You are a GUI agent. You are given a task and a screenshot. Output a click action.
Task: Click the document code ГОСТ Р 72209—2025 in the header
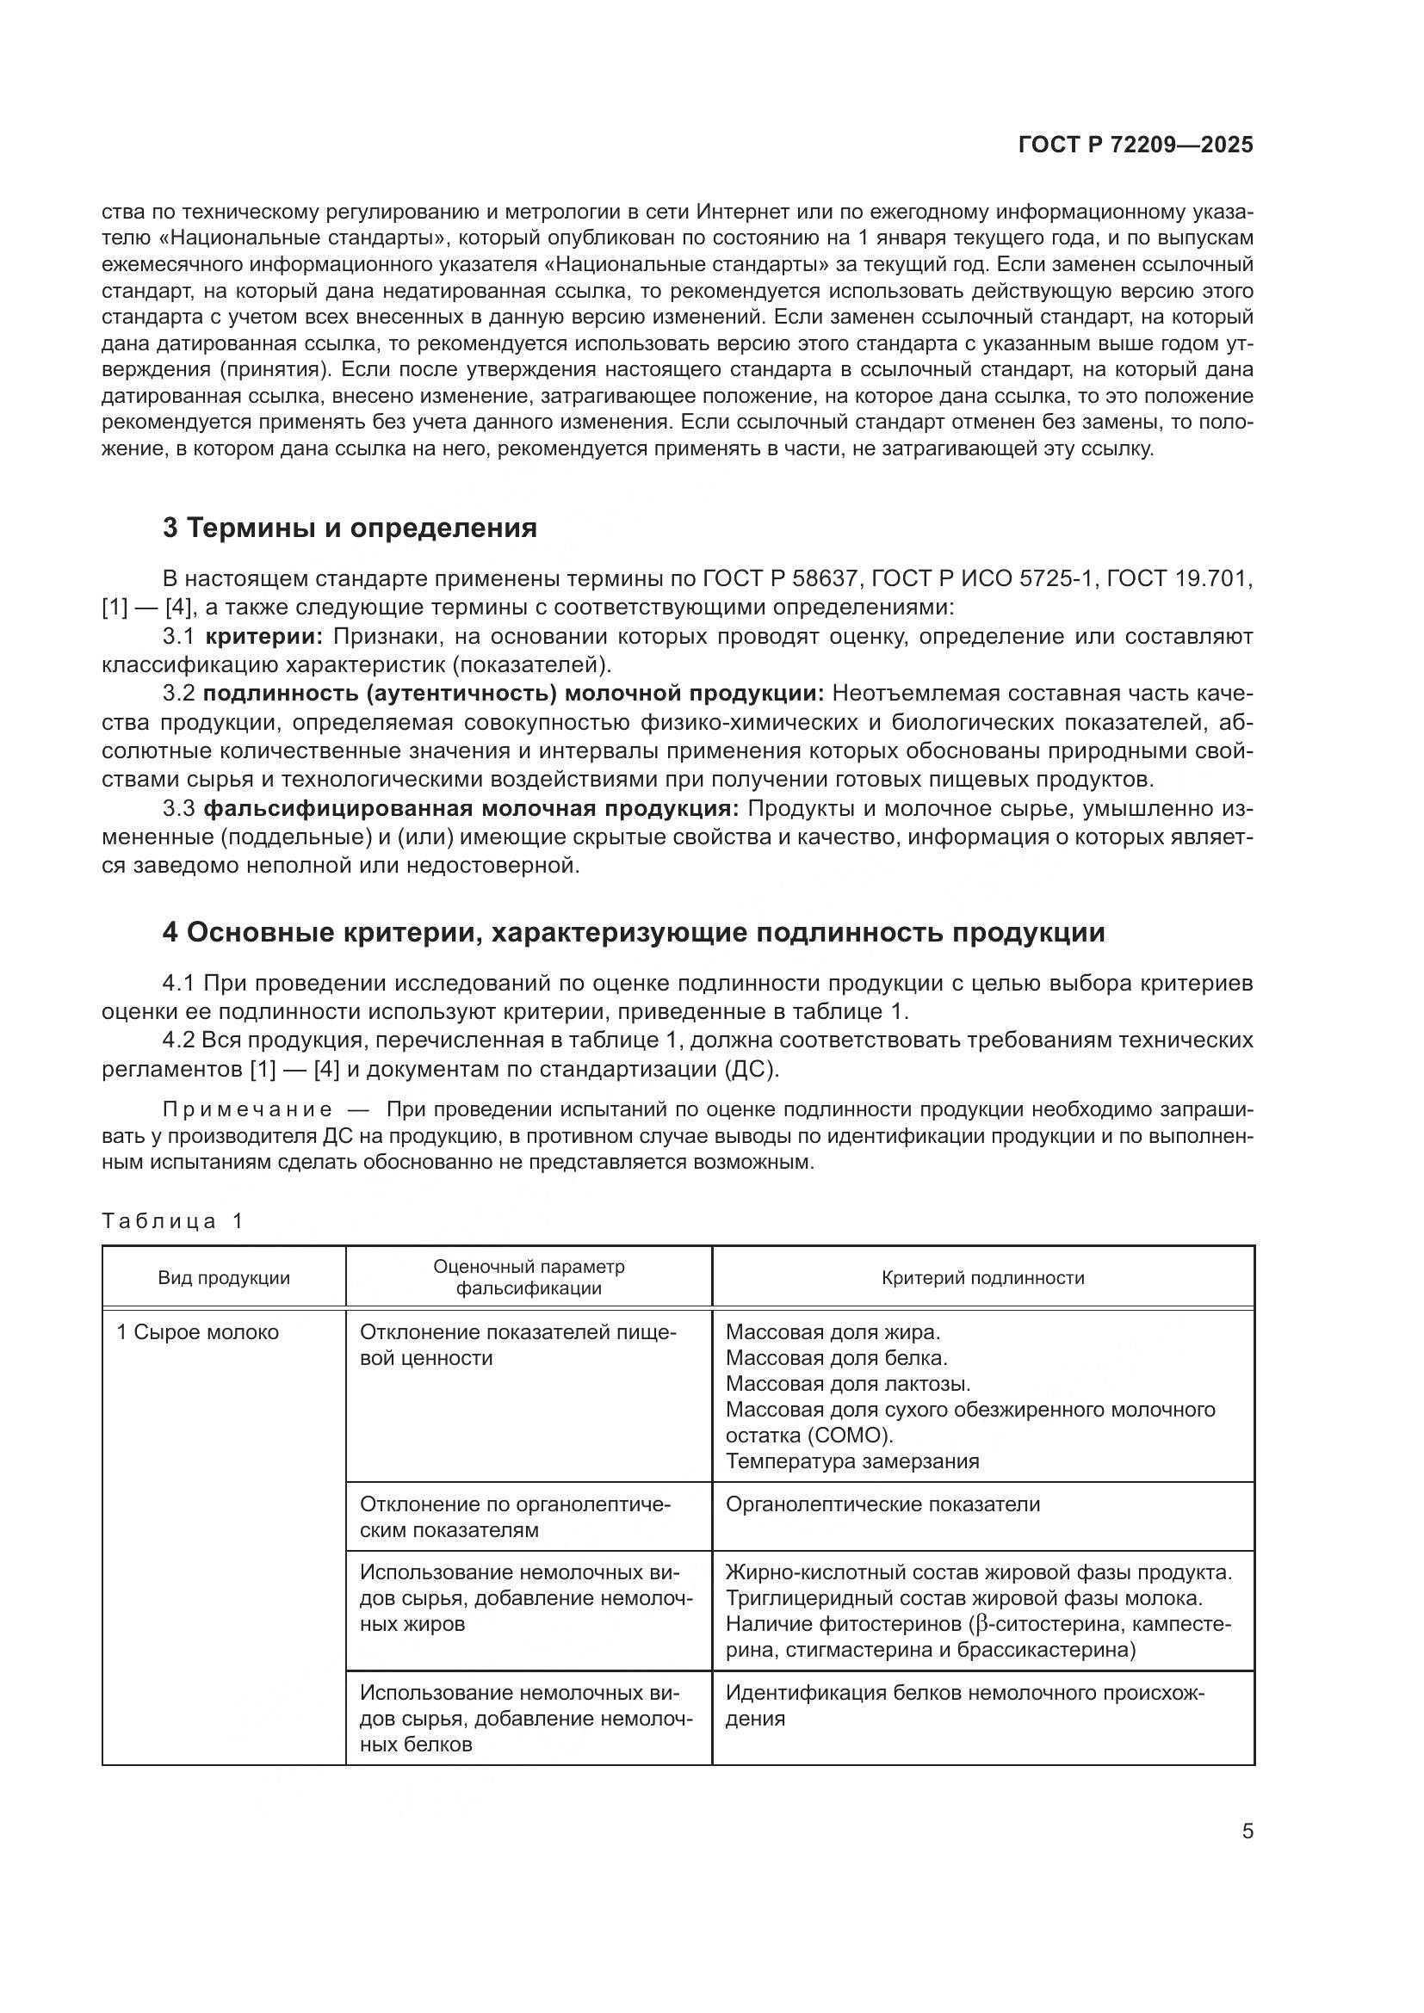1136,145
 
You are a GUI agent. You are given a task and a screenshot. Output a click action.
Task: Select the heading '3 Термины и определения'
349,528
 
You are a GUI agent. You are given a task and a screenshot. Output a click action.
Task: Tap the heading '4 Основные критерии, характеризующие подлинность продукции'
633,932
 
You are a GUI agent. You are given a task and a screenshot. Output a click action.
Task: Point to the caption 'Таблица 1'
172,1221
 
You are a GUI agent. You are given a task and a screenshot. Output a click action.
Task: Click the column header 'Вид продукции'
224,1277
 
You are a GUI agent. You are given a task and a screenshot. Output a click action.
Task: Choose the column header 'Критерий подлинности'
983,1277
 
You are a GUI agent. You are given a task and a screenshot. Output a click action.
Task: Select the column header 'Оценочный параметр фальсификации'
529,1277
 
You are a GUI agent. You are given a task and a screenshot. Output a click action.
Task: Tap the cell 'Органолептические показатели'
882,1504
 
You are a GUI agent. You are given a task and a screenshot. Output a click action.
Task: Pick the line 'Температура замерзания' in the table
852,1460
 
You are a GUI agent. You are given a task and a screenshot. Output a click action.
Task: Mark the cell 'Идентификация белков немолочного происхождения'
964,1706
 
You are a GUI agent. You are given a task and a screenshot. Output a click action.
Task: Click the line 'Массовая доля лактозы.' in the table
848,1384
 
